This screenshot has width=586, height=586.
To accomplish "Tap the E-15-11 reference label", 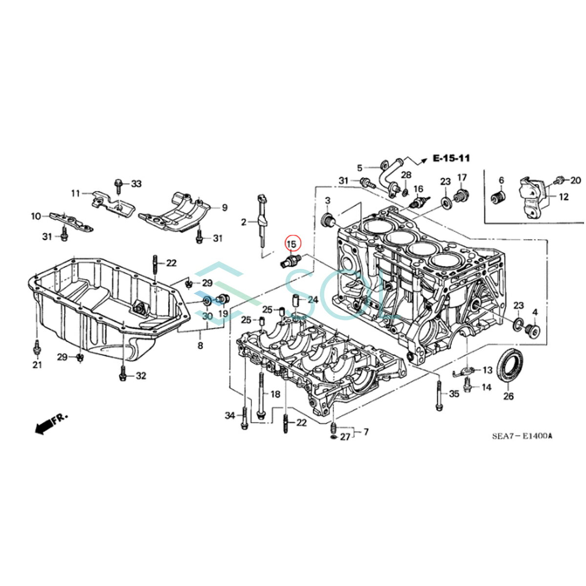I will [451, 158].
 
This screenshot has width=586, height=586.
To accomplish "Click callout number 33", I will [136, 184].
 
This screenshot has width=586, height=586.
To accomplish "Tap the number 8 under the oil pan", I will [200, 346].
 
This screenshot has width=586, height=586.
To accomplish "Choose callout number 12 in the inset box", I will [564, 197].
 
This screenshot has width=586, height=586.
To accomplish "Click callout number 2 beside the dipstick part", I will [243, 223].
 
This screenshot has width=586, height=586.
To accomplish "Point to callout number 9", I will [225, 208].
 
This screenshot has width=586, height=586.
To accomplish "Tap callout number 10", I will [36, 216].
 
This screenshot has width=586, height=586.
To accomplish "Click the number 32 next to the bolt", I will [141, 376].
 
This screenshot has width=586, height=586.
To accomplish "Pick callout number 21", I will [37, 364].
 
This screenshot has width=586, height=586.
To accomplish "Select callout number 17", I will [462, 177].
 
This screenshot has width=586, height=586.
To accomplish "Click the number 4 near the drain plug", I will [535, 312].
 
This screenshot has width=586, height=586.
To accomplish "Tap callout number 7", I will [366, 432].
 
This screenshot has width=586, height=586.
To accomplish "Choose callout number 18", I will [275, 394].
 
